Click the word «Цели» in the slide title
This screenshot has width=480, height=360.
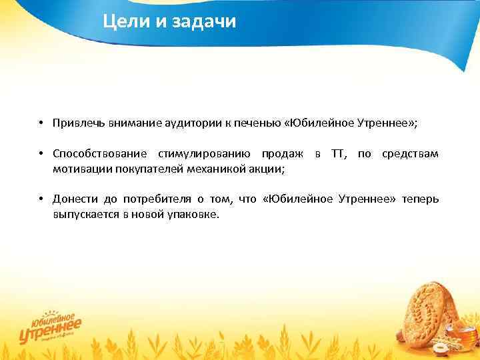click(x=122, y=23)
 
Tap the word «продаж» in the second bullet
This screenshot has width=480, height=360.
click(x=283, y=155)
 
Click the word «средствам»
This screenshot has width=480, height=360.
click(x=410, y=155)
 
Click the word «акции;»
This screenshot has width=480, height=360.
click(x=267, y=169)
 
